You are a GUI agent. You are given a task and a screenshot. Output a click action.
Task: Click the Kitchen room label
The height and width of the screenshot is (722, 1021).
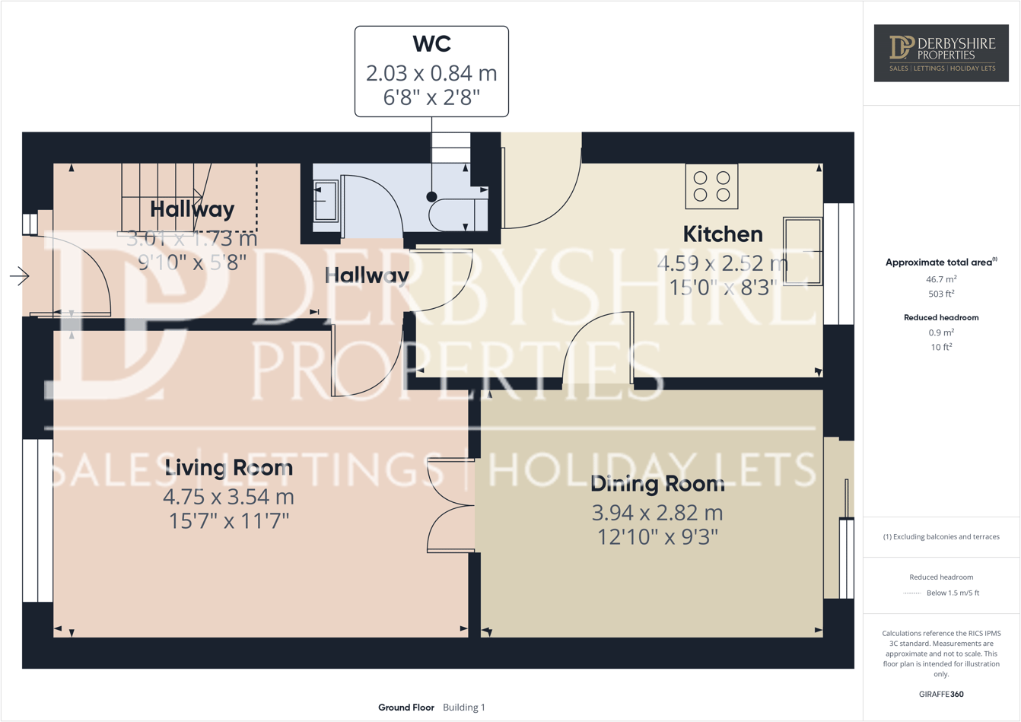(722, 234)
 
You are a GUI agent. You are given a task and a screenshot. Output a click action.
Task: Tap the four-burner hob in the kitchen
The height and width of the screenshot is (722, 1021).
(711, 186)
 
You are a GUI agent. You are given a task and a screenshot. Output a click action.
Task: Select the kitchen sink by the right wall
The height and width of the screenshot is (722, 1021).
(803, 251)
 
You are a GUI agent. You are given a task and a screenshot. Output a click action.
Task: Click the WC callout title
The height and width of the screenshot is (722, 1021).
(431, 44)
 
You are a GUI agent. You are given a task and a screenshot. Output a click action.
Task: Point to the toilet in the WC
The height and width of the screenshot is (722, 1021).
(456, 215)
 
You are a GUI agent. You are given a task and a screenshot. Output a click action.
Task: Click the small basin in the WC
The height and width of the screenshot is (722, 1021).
(326, 201)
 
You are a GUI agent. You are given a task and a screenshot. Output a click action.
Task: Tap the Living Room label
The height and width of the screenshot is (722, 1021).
(228, 468)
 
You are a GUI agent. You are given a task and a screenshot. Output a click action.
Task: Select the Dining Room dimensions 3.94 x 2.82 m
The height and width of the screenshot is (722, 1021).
(657, 513)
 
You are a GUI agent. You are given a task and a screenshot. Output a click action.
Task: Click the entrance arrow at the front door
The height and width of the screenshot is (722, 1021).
(19, 275)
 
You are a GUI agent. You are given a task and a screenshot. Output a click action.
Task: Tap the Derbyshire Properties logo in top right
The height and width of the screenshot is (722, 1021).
(941, 52)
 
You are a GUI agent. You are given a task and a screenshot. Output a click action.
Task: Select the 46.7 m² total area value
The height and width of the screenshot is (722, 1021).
(941, 279)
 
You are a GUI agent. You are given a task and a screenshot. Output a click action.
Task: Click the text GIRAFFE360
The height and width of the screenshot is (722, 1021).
(941, 694)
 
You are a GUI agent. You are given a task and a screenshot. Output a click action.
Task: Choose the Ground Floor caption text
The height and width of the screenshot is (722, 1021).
(406, 708)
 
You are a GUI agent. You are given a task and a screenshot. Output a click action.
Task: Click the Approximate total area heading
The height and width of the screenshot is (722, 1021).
(940, 262)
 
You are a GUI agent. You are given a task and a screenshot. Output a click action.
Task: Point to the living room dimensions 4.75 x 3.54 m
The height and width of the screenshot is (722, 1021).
(228, 497)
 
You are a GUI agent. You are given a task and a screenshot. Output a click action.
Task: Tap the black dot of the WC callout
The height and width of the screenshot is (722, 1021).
(431, 197)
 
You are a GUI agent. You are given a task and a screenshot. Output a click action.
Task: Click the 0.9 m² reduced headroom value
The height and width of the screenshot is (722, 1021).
(941, 332)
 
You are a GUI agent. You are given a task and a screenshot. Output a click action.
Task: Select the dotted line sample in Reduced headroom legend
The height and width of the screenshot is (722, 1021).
(911, 593)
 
